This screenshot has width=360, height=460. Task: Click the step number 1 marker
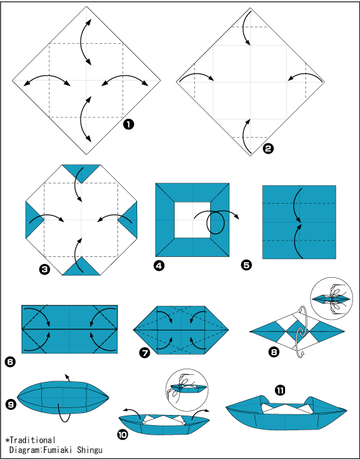click(x=128, y=125)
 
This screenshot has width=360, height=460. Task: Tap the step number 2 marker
click(x=269, y=149)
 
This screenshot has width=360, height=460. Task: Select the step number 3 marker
click(x=44, y=269)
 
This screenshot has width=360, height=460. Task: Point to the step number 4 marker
click(x=159, y=266)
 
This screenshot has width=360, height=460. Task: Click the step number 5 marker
click(x=246, y=265)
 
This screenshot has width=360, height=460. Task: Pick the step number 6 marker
click(x=10, y=362)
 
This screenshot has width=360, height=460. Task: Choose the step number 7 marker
click(x=145, y=353)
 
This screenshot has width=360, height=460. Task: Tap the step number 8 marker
click(x=274, y=352)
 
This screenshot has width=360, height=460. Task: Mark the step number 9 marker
click(x=11, y=405)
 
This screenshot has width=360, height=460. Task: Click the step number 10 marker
click(x=123, y=435)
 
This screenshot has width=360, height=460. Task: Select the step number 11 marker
click(x=280, y=390)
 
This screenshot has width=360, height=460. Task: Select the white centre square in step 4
click(x=192, y=220)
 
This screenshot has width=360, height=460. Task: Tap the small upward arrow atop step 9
click(x=67, y=378)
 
